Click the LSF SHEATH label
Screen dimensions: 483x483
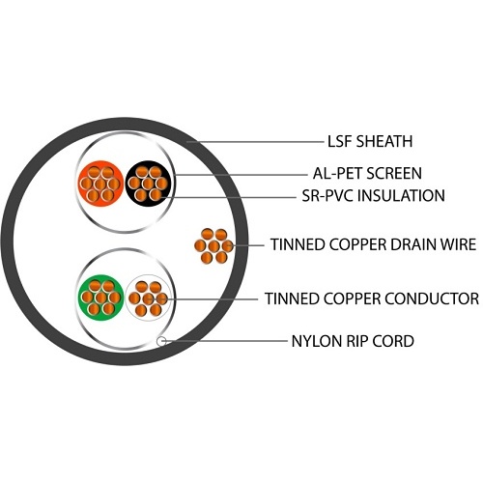(370, 141)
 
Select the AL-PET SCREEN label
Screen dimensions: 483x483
(367, 173)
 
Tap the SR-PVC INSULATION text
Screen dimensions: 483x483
(374, 196)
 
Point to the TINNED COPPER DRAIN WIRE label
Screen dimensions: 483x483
(373, 244)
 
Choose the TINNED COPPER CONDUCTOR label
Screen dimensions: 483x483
(372, 298)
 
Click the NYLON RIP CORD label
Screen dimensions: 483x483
(353, 341)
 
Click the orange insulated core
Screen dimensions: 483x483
(100, 184)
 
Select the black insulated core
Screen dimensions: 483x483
(148, 184)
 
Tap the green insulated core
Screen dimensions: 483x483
(100, 298)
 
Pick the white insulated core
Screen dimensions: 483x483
(148, 298)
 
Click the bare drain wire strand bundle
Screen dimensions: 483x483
(213, 246)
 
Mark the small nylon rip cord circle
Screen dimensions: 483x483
(161, 341)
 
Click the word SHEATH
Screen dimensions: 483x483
(384, 141)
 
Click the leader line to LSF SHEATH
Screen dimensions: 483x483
(255, 142)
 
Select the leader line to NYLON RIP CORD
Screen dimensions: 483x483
(224, 340)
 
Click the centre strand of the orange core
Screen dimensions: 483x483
(100, 185)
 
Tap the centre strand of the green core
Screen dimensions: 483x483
(100, 298)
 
